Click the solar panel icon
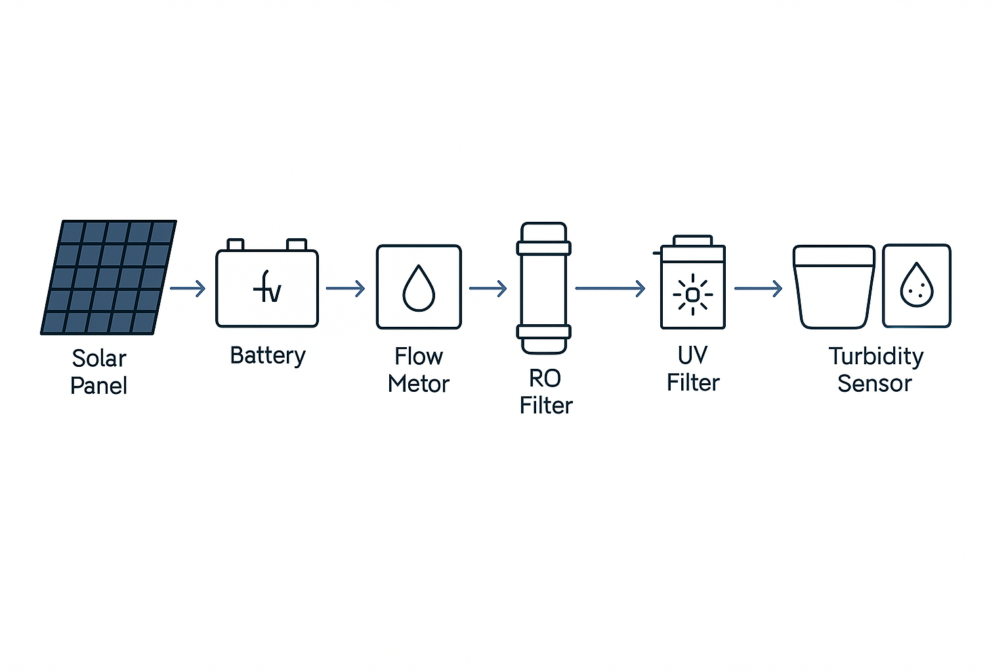click(108, 277)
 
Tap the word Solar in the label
click(99, 358)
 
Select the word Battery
click(268, 356)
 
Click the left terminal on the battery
click(236, 245)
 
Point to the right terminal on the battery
click(297, 245)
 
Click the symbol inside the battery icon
click(267, 288)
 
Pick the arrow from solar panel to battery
click(188, 288)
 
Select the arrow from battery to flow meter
click(346, 288)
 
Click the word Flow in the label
click(419, 356)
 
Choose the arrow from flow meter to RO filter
click(488, 288)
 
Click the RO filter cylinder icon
click(543, 287)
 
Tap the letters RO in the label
click(545, 379)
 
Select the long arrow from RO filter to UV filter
click(610, 288)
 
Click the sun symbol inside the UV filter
click(692, 295)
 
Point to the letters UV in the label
click(692, 355)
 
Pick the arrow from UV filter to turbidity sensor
click(759, 288)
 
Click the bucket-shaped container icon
click(834, 286)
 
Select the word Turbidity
click(876, 356)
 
